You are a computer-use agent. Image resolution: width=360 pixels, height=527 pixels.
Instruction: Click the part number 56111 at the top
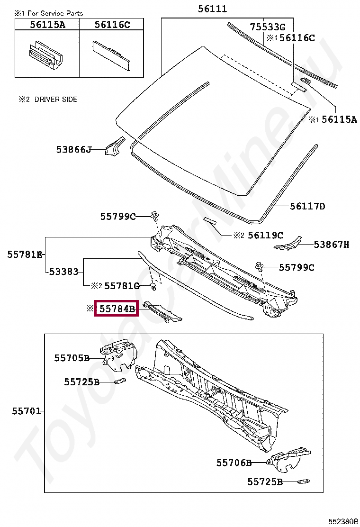(x=212, y=9)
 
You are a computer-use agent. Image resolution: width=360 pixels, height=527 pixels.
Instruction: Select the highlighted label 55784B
(x=117, y=309)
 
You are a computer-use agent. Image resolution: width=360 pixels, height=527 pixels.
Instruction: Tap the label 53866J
(x=73, y=150)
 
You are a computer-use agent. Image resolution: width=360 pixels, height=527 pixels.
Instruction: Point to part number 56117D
(x=307, y=206)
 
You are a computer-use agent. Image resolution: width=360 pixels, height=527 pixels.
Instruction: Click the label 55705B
(x=72, y=358)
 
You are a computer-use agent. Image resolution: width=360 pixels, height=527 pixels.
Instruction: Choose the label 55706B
(x=234, y=463)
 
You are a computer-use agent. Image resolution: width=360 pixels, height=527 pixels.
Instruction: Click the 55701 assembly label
(x=26, y=411)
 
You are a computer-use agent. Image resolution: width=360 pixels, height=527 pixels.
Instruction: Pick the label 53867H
(x=332, y=245)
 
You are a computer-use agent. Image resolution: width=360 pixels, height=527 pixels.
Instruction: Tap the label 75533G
(x=268, y=27)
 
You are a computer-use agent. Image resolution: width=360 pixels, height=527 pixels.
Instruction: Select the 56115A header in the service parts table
(x=47, y=25)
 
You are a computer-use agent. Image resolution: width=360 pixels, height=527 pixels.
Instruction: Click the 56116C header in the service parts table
(x=112, y=25)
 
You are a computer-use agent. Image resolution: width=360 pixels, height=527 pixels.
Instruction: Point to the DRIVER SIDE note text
(x=56, y=100)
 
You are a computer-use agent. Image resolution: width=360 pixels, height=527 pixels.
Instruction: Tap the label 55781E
(x=25, y=254)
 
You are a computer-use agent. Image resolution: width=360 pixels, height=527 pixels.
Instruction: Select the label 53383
(x=64, y=271)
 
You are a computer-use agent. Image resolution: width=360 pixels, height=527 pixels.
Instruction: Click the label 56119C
(x=265, y=235)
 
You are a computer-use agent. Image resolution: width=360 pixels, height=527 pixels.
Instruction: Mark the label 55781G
(x=122, y=286)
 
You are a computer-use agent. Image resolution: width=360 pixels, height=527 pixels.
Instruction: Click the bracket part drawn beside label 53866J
(x=114, y=145)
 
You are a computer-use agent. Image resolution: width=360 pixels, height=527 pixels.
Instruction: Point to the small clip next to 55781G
(x=153, y=287)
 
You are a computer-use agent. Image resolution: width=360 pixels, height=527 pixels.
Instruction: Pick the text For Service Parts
(x=55, y=13)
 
